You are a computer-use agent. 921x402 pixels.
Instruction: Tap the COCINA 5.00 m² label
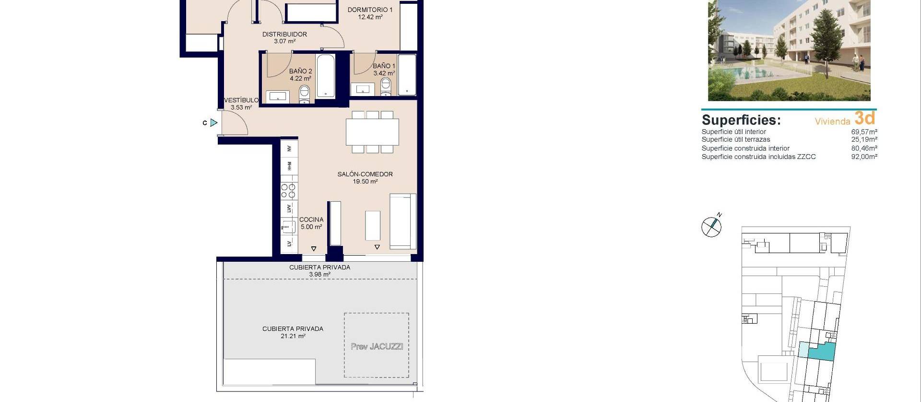coord(311,223)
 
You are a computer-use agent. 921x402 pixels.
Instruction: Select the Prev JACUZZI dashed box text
coord(377,346)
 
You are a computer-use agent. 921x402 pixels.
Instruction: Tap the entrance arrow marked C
coord(213,123)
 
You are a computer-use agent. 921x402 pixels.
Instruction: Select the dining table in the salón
coord(372,132)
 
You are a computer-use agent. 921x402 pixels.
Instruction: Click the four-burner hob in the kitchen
coord(289,191)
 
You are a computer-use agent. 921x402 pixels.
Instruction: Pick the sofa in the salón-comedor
coord(402,221)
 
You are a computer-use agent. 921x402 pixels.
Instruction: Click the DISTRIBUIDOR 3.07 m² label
coord(284,37)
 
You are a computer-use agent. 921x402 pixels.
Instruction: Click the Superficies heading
coord(741,120)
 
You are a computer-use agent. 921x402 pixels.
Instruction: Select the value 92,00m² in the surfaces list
coord(864,157)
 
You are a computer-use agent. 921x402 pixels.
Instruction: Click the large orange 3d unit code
coord(865,118)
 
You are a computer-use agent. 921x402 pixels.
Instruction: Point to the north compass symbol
coord(711,226)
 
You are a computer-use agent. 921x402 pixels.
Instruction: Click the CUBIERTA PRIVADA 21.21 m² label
coord(293,332)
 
